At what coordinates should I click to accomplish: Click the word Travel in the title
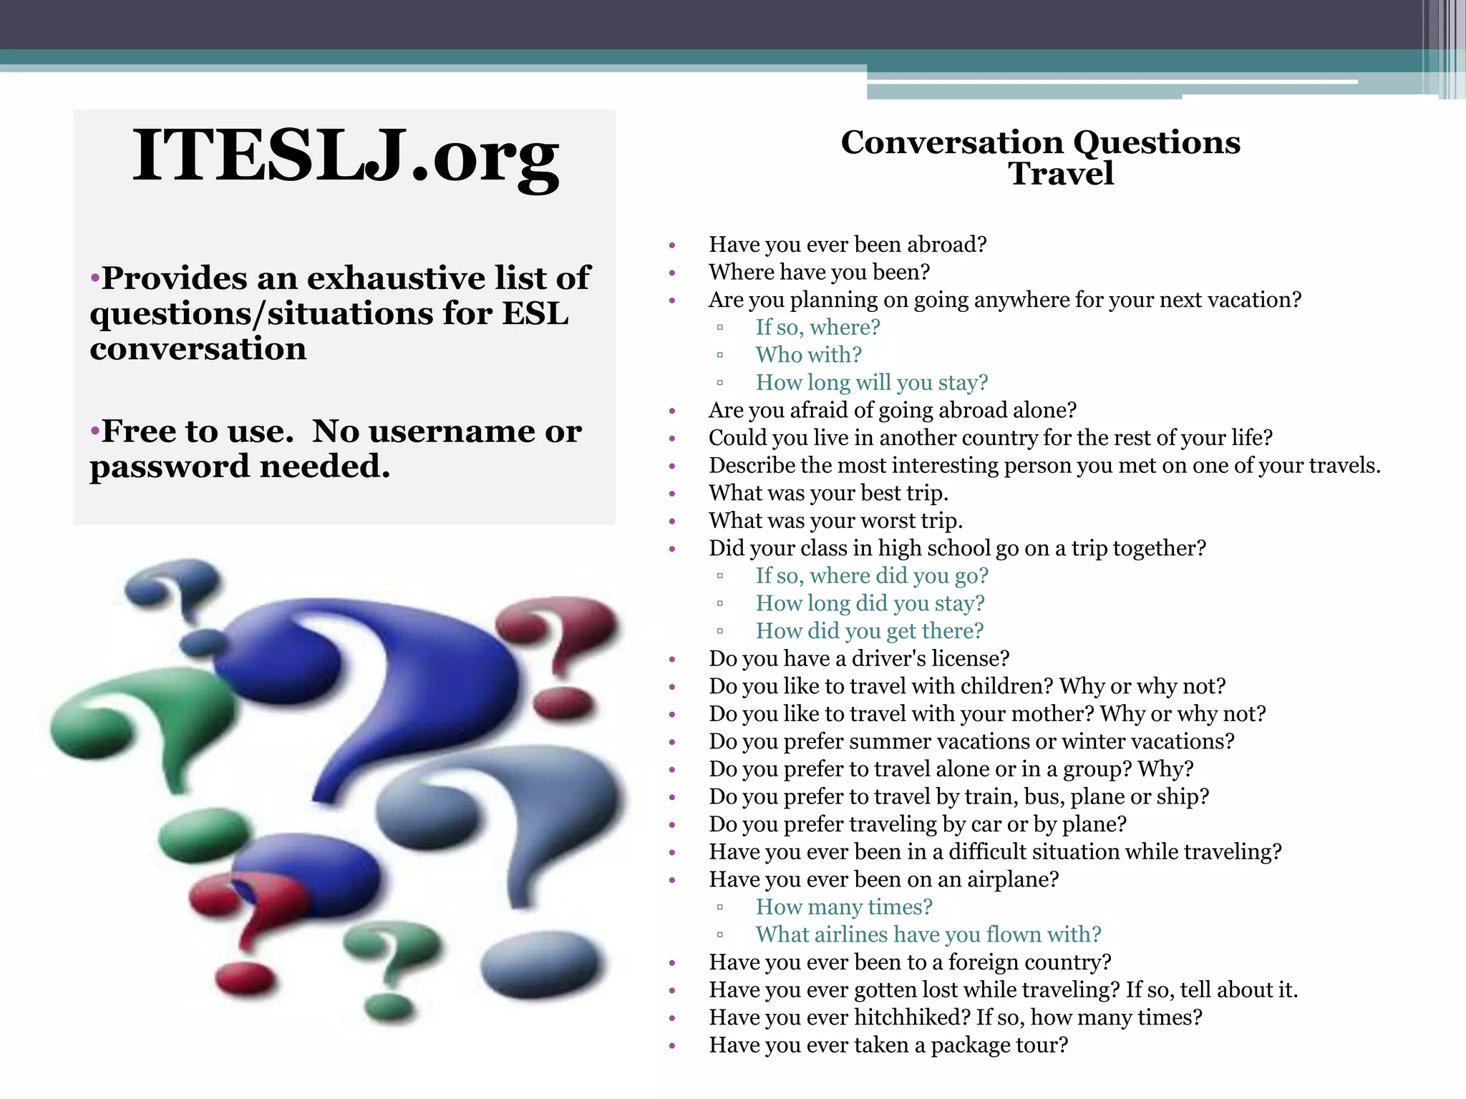pos(1061,174)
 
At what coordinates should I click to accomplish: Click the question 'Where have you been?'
pos(819,273)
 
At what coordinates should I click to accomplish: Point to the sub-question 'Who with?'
pos(808,355)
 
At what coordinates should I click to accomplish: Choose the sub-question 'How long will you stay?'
pos(871,383)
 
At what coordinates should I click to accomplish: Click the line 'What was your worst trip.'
pos(835,521)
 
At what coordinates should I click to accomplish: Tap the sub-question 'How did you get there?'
pos(869,631)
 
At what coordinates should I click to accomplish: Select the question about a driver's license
pos(858,659)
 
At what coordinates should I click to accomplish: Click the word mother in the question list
pos(1048,714)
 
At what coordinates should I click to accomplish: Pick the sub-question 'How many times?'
pos(844,907)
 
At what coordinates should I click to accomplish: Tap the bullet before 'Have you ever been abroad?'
pos(672,245)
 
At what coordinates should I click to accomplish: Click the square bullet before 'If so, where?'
pos(720,328)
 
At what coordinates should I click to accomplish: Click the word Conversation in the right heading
pos(952,142)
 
